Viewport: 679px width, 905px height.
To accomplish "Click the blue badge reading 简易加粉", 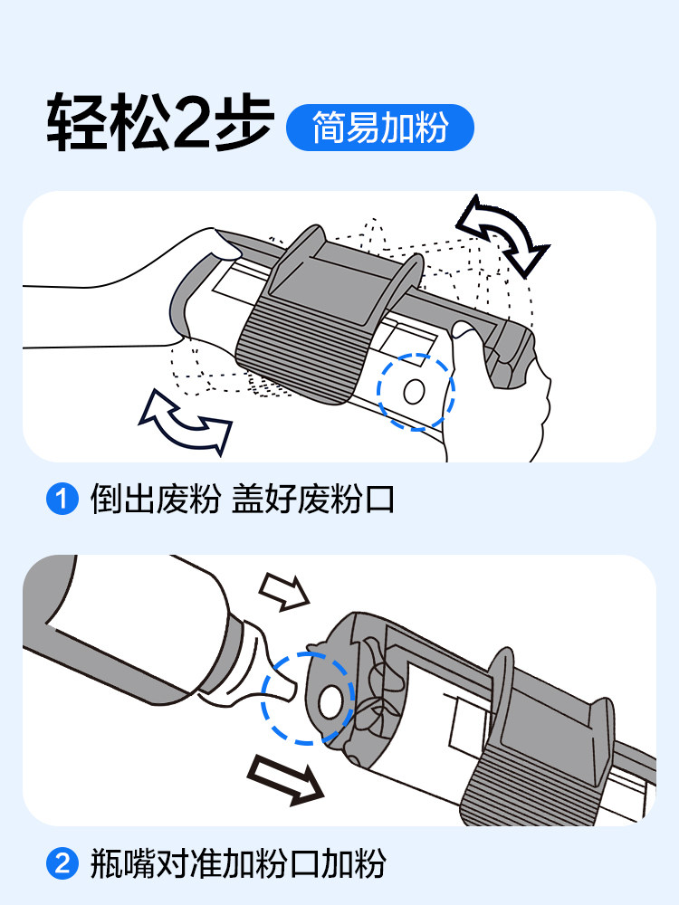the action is (x=380, y=128).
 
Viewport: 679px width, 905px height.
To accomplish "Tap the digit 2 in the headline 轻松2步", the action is (x=190, y=123).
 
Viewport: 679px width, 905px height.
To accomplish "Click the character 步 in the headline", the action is (x=244, y=123).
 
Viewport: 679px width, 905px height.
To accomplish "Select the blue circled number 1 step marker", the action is (x=62, y=499).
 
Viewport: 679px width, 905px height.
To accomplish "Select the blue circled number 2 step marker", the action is (x=62, y=863).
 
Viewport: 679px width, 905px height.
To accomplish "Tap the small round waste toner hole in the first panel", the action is (x=414, y=392).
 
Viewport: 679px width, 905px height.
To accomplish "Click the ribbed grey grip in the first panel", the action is (x=301, y=352).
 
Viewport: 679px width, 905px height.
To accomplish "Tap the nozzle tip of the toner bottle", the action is (x=292, y=690).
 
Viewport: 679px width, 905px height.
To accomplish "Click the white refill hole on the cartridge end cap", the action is (x=330, y=702).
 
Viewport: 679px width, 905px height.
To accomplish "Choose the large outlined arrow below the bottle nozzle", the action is (x=285, y=779).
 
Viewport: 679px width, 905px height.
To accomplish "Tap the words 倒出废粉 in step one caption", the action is (x=155, y=500).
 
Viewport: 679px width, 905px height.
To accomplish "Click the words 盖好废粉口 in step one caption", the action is (x=313, y=500).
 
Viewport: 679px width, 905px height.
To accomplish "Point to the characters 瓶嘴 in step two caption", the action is (x=122, y=864).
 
